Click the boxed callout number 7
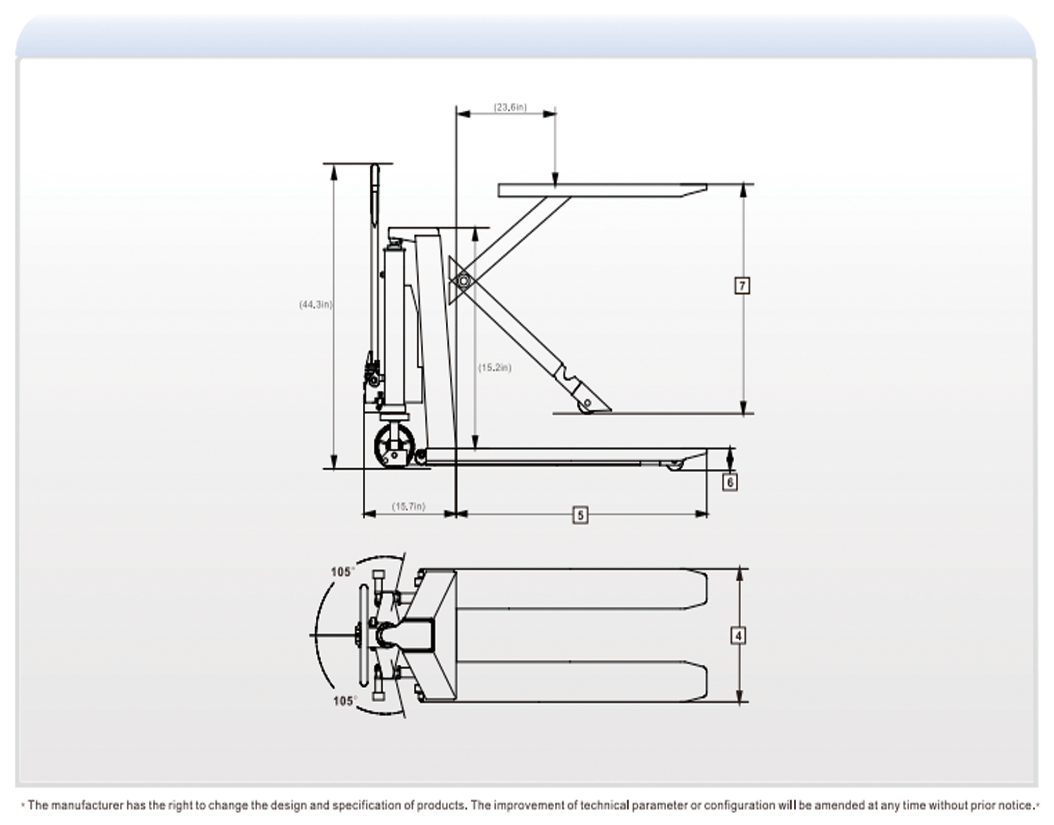(x=742, y=285)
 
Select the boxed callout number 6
(x=729, y=482)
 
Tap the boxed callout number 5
(x=580, y=515)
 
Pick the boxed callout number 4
(x=738, y=636)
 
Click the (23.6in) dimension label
(x=509, y=107)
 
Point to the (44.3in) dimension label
(x=315, y=305)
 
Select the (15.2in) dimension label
(x=494, y=368)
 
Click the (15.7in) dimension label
(x=408, y=506)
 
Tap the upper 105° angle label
(x=342, y=572)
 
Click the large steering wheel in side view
(x=392, y=447)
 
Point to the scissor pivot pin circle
(x=463, y=281)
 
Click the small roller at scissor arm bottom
(x=585, y=405)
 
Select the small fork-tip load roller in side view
(x=675, y=465)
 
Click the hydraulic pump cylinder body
(x=394, y=330)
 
